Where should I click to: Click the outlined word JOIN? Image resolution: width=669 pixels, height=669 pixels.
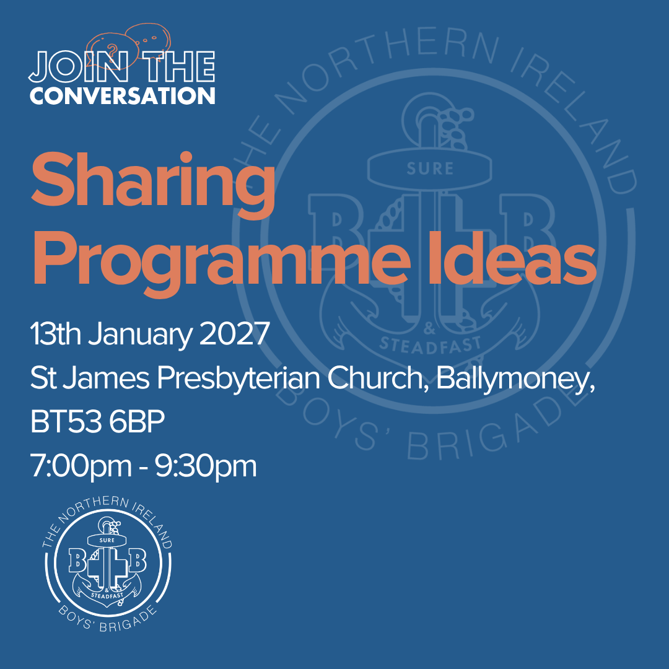(78, 66)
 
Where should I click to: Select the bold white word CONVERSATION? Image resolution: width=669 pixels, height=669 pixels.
(123, 96)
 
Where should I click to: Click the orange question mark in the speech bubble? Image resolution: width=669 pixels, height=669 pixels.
(112, 51)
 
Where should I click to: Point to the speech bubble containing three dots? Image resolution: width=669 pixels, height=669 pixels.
(147, 38)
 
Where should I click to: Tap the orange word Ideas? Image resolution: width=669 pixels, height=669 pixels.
(519, 257)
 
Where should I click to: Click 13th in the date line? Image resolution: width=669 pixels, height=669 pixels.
(55, 333)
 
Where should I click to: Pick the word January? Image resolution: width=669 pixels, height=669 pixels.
(141, 335)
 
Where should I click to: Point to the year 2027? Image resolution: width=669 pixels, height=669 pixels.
(234, 334)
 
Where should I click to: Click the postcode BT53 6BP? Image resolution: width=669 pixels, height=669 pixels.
(97, 422)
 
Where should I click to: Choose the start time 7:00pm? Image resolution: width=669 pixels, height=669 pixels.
(81, 467)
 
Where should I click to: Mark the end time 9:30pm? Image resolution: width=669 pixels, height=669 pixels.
(206, 467)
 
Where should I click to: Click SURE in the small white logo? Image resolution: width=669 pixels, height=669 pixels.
(107, 540)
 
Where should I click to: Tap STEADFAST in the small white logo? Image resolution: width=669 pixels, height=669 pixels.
(107, 595)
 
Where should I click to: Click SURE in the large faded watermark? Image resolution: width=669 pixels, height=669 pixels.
(430, 169)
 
